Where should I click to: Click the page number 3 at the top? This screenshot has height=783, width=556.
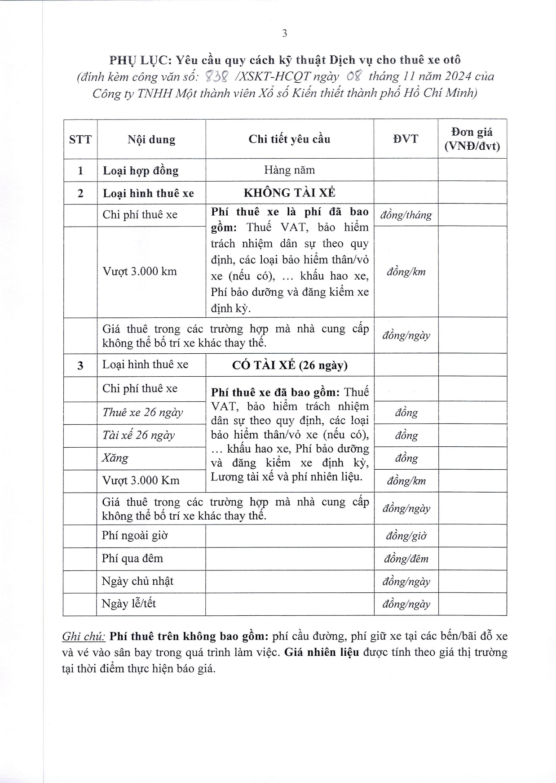pyautogui.click(x=284, y=33)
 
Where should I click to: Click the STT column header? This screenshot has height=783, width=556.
pyautogui.click(x=80, y=139)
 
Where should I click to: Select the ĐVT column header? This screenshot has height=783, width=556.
pyautogui.click(x=406, y=139)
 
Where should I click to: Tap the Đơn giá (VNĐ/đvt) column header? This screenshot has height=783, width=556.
pyautogui.click(x=472, y=139)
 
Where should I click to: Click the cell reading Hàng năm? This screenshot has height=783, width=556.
pyautogui.click(x=289, y=170)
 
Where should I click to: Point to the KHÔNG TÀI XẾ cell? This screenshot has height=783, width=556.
pyautogui.click(x=289, y=193)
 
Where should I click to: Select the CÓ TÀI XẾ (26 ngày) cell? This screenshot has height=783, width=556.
pyautogui.click(x=290, y=365)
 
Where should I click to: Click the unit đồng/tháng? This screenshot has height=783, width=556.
pyautogui.click(x=406, y=215)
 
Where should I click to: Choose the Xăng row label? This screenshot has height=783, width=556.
pyautogui.click(x=115, y=458)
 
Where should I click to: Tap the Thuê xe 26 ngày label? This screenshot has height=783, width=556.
pyautogui.click(x=142, y=412)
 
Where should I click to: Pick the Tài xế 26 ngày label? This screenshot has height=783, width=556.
pyautogui.click(x=138, y=435)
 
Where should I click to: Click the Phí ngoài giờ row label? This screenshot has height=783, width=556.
pyautogui.click(x=135, y=535)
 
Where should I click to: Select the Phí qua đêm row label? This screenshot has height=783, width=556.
pyautogui.click(x=132, y=558)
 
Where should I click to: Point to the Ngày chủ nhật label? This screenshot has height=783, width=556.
pyautogui.click(x=137, y=581)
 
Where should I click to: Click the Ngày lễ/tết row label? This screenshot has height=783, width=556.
pyautogui.click(x=129, y=604)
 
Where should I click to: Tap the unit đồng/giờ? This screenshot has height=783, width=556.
pyautogui.click(x=406, y=536)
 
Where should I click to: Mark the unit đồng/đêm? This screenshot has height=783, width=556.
pyautogui.click(x=406, y=559)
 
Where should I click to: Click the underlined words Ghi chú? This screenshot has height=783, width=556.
pyautogui.click(x=84, y=636)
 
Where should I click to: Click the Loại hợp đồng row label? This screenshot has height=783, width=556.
pyautogui.click(x=141, y=171)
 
